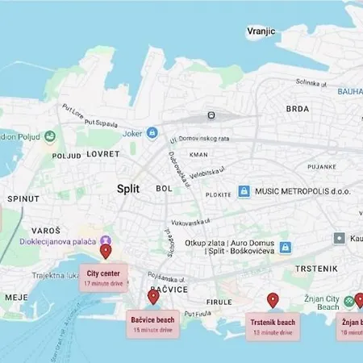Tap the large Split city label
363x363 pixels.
click(x=127, y=188)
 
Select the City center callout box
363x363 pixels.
click(x=104, y=277)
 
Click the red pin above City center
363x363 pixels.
click(x=106, y=252)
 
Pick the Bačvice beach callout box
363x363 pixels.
click(x=153, y=323)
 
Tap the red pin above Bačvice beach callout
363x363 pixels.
click(x=153, y=296)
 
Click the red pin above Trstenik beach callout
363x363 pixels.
click(x=273, y=300)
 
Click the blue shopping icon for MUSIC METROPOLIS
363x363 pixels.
click(x=243, y=191)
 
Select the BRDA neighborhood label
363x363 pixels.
click(x=297, y=109)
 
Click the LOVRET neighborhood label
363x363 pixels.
click(x=103, y=153)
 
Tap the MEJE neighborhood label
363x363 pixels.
click(x=15, y=297)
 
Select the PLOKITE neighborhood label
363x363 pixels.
click(x=218, y=194)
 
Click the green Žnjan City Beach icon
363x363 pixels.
click(x=348, y=301)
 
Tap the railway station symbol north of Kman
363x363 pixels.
click(x=211, y=115)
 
